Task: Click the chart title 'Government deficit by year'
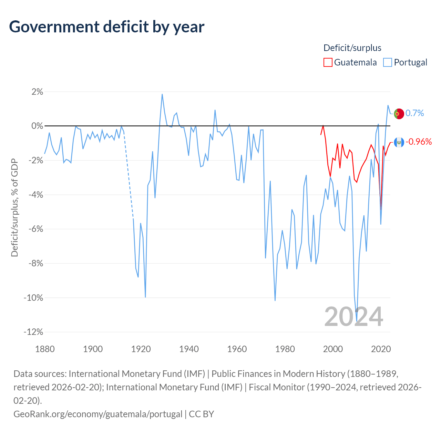(107, 27)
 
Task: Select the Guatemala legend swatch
(328, 62)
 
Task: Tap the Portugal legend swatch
(388, 62)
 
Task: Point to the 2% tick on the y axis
(37, 92)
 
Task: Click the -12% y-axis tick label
(33, 332)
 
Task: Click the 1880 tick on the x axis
(45, 349)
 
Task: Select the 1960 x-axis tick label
(237, 349)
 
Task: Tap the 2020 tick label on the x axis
(381, 349)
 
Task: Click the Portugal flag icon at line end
(399, 113)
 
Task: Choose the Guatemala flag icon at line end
(399, 142)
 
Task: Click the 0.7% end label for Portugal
(414, 113)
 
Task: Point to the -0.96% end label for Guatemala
(418, 142)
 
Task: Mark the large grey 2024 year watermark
(353, 317)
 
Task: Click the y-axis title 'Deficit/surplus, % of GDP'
(14, 207)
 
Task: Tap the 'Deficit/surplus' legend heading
(352, 48)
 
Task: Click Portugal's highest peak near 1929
(162, 94)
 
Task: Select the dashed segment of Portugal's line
(128, 172)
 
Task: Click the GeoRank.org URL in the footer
(98, 414)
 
